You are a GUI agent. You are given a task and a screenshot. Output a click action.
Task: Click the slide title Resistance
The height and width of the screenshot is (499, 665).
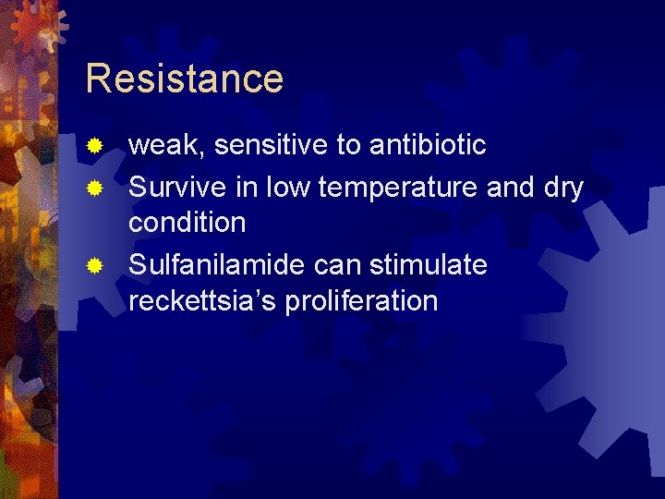tap(184, 79)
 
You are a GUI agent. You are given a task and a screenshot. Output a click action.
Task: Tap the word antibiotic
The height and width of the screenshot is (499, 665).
tap(428, 145)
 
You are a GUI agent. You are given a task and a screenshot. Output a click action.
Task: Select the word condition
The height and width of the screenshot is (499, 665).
tap(187, 223)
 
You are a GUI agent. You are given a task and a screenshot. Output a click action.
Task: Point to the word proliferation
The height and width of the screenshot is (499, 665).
tap(362, 301)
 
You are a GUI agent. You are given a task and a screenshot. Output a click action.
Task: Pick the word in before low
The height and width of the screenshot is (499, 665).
tap(249, 188)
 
